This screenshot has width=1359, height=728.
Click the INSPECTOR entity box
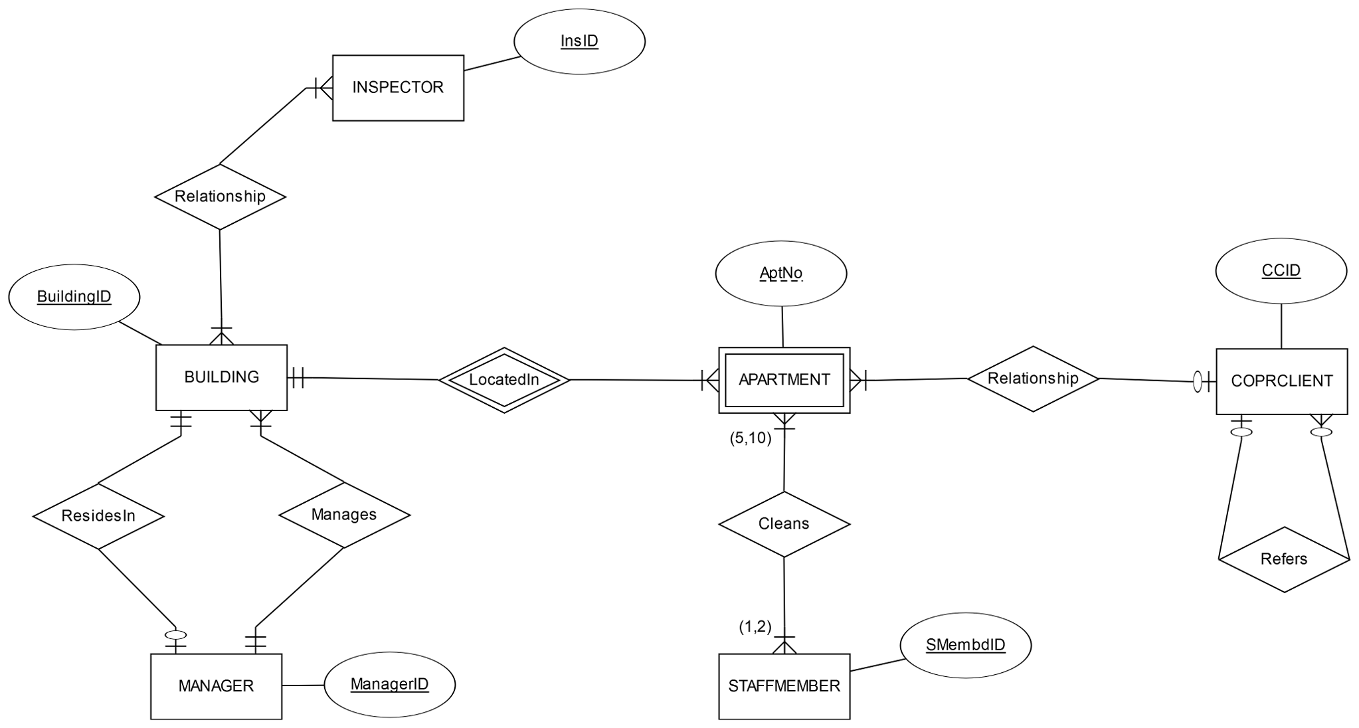[397, 88]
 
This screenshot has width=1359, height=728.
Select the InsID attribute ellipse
[579, 41]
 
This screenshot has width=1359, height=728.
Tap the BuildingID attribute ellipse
[74, 297]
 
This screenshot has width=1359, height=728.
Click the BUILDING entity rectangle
[221, 377]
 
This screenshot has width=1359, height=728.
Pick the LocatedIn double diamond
[504, 380]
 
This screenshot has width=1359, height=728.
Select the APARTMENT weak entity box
[784, 380]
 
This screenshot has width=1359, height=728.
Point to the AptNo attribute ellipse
[781, 273]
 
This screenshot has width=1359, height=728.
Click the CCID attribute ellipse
[1281, 270]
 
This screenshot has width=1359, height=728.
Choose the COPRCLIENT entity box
[1281, 381]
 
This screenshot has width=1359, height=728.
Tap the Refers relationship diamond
[1284, 559]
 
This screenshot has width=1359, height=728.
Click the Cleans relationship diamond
[784, 524]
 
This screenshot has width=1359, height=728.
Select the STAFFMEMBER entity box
[784, 686]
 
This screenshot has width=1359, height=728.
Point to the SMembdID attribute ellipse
[965, 645]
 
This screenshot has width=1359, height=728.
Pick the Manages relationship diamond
[344, 515]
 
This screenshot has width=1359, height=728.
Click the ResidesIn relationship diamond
[98, 516]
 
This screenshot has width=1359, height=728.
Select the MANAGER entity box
[216, 686]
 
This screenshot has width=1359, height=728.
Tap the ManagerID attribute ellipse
[389, 684]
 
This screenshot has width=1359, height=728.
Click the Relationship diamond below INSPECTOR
[220, 197]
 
